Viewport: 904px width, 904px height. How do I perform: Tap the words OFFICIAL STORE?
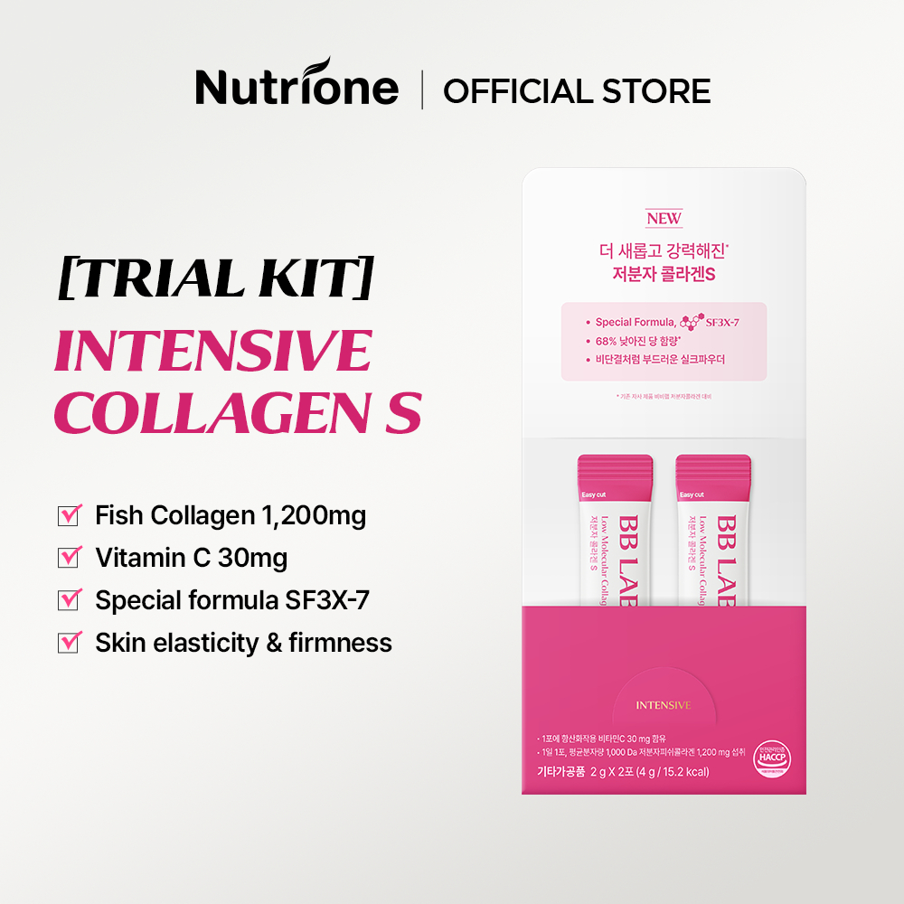point(577,90)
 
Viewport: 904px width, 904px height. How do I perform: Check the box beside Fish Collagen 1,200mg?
point(70,515)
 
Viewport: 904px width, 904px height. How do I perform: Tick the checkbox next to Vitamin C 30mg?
point(70,558)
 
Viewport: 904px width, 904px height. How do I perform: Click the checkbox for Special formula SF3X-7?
point(70,600)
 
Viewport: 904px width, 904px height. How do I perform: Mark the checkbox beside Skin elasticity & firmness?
point(70,643)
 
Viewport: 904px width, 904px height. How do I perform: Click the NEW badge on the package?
point(664,219)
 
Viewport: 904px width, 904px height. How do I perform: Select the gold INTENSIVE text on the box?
point(664,704)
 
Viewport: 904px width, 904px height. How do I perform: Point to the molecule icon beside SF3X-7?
point(692,322)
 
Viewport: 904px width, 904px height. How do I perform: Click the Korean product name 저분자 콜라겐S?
point(664,274)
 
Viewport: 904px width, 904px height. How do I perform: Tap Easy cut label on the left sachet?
point(594,494)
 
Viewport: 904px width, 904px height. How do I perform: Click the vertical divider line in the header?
point(422,90)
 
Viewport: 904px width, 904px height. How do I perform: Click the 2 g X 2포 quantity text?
point(616,771)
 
